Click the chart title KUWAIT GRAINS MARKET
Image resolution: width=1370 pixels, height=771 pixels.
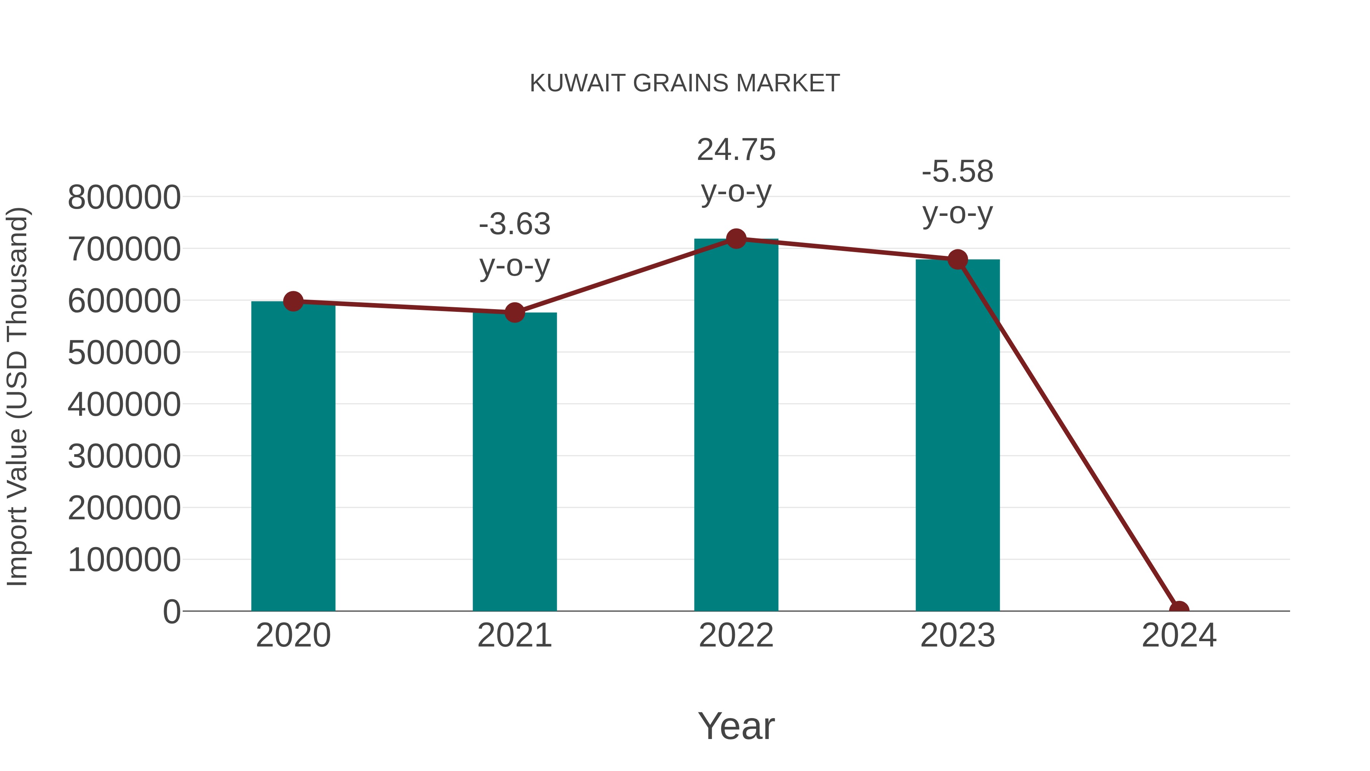click(685, 83)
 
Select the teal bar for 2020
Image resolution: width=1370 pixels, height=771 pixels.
click(293, 458)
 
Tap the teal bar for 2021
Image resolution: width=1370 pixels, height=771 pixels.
click(514, 463)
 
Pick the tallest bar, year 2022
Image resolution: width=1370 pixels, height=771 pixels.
click(736, 426)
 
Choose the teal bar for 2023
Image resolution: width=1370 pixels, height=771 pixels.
click(957, 436)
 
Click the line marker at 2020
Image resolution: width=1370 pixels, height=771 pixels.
click(293, 301)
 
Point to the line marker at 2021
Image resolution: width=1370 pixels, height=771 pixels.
click(514, 312)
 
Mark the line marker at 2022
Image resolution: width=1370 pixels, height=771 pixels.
click(736, 239)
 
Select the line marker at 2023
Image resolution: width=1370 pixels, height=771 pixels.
click(957, 260)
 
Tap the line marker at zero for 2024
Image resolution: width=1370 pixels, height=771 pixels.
click(1179, 610)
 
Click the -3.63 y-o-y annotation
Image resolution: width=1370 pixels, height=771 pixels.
click(514, 245)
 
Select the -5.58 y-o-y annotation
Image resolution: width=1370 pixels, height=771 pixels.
click(957, 193)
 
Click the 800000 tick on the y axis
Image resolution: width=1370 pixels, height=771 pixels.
click(124, 197)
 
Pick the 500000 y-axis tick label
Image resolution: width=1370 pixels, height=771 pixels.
click(124, 353)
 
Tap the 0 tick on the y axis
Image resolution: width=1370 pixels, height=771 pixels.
click(172, 612)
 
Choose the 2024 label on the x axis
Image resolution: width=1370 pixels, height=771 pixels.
click(1179, 636)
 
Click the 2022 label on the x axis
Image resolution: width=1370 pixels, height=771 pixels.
click(736, 636)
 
